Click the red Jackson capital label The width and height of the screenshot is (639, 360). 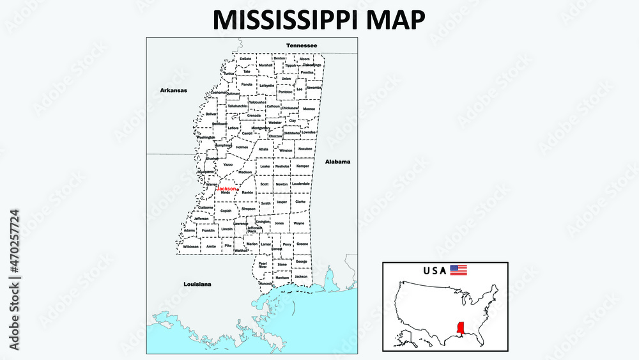pyautogui.click(x=226, y=189)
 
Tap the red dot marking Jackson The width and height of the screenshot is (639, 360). pyautogui.click(x=237, y=189)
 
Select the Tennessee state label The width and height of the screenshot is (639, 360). pyautogui.click(x=302, y=45)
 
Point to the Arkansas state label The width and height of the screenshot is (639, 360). pyautogui.click(x=174, y=90)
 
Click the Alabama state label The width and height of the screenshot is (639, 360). pyautogui.click(x=337, y=162)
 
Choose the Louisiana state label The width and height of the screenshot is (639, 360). pyautogui.click(x=197, y=283)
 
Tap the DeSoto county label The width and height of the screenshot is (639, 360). pyautogui.click(x=245, y=59)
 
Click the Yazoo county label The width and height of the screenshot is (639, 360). pyautogui.click(x=228, y=164)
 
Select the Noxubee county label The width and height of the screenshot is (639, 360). pyautogui.click(x=305, y=148)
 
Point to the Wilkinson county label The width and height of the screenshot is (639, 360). pyautogui.click(x=191, y=246)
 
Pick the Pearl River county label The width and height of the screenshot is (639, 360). pyautogui.click(x=263, y=265)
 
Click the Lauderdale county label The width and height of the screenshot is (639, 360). pyautogui.click(x=300, y=184)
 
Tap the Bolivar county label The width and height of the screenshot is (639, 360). pyautogui.click(x=212, y=114)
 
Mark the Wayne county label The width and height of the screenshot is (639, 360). pyautogui.click(x=299, y=223)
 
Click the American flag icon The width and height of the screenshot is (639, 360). pyautogui.click(x=459, y=270)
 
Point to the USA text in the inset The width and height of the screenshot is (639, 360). pyautogui.click(x=435, y=270)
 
